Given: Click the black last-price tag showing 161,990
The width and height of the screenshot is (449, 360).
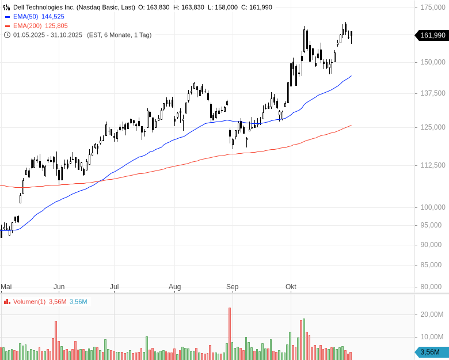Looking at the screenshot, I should pyautogui.click(x=432, y=35).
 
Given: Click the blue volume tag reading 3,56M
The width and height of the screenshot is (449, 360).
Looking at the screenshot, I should pyautogui.click(x=431, y=352).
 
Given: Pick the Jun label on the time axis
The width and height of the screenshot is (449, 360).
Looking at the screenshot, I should pyautogui.click(x=59, y=286).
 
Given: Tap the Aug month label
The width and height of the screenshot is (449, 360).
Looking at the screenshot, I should pyautogui.click(x=175, y=286).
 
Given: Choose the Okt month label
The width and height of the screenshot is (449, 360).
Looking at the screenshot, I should pyautogui.click(x=291, y=286).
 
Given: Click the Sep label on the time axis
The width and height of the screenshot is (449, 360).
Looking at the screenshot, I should pyautogui.click(x=232, y=286).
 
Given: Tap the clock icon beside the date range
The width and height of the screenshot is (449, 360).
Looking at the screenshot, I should pyautogui.click(x=7, y=35).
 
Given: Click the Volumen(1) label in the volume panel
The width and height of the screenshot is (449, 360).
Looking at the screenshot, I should pyautogui.click(x=29, y=301).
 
